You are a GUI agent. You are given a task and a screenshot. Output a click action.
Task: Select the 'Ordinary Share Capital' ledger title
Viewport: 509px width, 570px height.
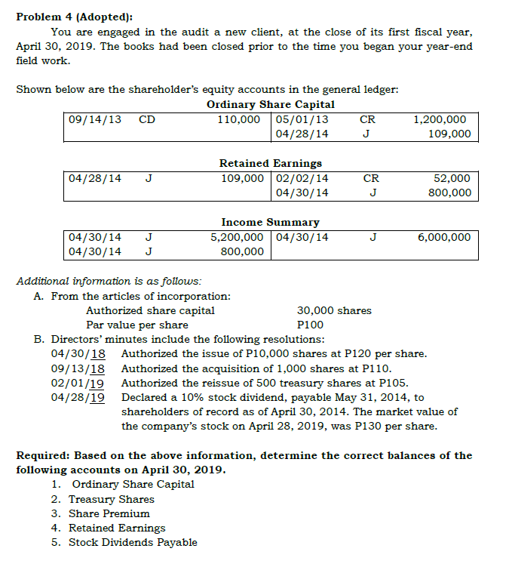271,104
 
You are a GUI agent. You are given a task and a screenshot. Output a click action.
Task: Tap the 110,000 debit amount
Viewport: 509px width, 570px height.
241,119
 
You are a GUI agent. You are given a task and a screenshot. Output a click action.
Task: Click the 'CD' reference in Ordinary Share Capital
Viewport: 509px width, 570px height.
147,119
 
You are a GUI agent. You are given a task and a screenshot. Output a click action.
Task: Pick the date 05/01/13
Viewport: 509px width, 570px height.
302,119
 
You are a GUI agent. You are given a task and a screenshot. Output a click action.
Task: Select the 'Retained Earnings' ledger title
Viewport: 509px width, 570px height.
270,163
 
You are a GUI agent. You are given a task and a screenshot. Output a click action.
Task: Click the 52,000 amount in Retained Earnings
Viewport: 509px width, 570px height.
452,178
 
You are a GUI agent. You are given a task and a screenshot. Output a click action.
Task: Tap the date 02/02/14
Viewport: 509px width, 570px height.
302,178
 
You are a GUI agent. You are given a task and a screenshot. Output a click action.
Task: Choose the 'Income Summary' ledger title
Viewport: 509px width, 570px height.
270,222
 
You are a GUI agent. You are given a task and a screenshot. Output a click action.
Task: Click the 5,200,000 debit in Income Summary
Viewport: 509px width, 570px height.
237,237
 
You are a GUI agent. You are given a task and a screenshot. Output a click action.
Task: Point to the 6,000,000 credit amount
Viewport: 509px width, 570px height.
444,237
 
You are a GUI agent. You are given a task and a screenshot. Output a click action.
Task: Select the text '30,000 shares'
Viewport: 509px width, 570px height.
334,310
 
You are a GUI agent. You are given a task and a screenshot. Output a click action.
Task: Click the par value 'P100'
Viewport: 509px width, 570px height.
310,325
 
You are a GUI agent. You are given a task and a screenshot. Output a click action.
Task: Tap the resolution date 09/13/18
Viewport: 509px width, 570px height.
78,368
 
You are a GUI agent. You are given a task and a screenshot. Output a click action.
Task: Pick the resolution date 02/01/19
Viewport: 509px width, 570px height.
78,383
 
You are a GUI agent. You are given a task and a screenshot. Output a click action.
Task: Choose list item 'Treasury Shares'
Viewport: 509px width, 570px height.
112,499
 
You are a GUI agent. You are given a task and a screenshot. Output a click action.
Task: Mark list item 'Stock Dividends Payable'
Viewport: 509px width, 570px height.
133,542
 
